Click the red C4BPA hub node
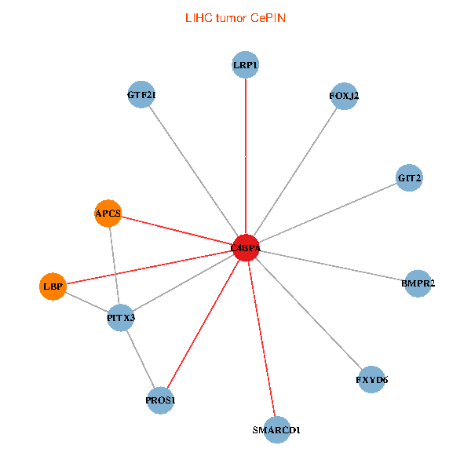pos(246,248)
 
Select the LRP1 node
pos(246,64)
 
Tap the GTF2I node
pos(141,95)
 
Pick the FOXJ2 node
pos(344,96)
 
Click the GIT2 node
pos(410,178)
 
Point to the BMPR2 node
pos(418,283)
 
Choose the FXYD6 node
pos(371,380)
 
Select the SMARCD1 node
pos(277,430)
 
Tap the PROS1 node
pos(160,401)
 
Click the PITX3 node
pos(120,318)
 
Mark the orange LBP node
pos(53,287)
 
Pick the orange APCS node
pos(108,213)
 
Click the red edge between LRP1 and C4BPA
pos(246,157)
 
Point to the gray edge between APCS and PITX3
pos(114,265)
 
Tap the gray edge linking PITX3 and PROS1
pos(140,359)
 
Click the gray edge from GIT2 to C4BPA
pos(328,213)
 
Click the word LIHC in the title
pos(197,17)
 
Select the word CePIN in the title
pos(268,17)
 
